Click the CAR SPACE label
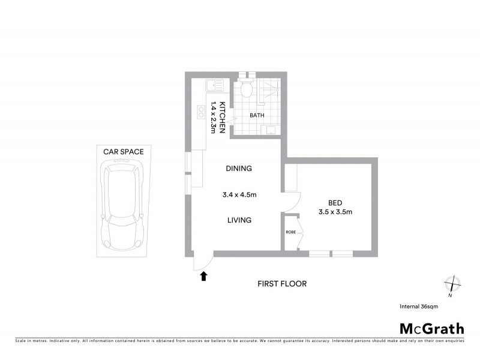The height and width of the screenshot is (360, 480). point(123,152)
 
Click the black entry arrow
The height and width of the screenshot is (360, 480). point(203,276)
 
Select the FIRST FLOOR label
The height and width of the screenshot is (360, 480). point(281,284)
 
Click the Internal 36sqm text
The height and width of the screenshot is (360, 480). point(419,307)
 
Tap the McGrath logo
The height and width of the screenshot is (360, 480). point(432,328)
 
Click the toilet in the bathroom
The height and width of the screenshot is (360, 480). point(244,91)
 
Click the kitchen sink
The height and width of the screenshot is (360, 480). point(214,85)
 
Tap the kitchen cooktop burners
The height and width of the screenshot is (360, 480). point(200,112)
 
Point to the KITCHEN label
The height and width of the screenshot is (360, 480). point(222,116)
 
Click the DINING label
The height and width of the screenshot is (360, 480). point(239,169)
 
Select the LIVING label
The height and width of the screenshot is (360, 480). point(239,220)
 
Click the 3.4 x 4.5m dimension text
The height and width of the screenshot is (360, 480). point(239,194)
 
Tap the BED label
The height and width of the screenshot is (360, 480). point(335,202)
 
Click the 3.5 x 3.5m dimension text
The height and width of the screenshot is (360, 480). point(335,212)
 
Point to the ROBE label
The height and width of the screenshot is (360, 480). point(290,232)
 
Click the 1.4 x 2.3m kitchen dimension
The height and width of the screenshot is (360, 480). point(212,116)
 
